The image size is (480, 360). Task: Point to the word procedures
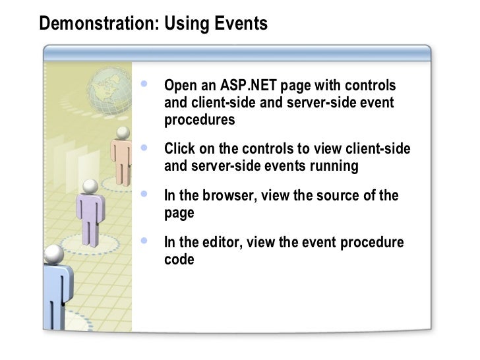click(199, 120)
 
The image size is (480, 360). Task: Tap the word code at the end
click(179, 260)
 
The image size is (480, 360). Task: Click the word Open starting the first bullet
click(179, 86)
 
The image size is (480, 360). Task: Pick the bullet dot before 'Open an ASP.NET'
click(145, 84)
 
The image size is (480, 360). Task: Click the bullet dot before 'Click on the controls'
click(145, 148)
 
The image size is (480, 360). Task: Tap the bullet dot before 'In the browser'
click(145, 195)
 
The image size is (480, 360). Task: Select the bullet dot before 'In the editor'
click(145, 241)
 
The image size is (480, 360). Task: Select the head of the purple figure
click(90, 187)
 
